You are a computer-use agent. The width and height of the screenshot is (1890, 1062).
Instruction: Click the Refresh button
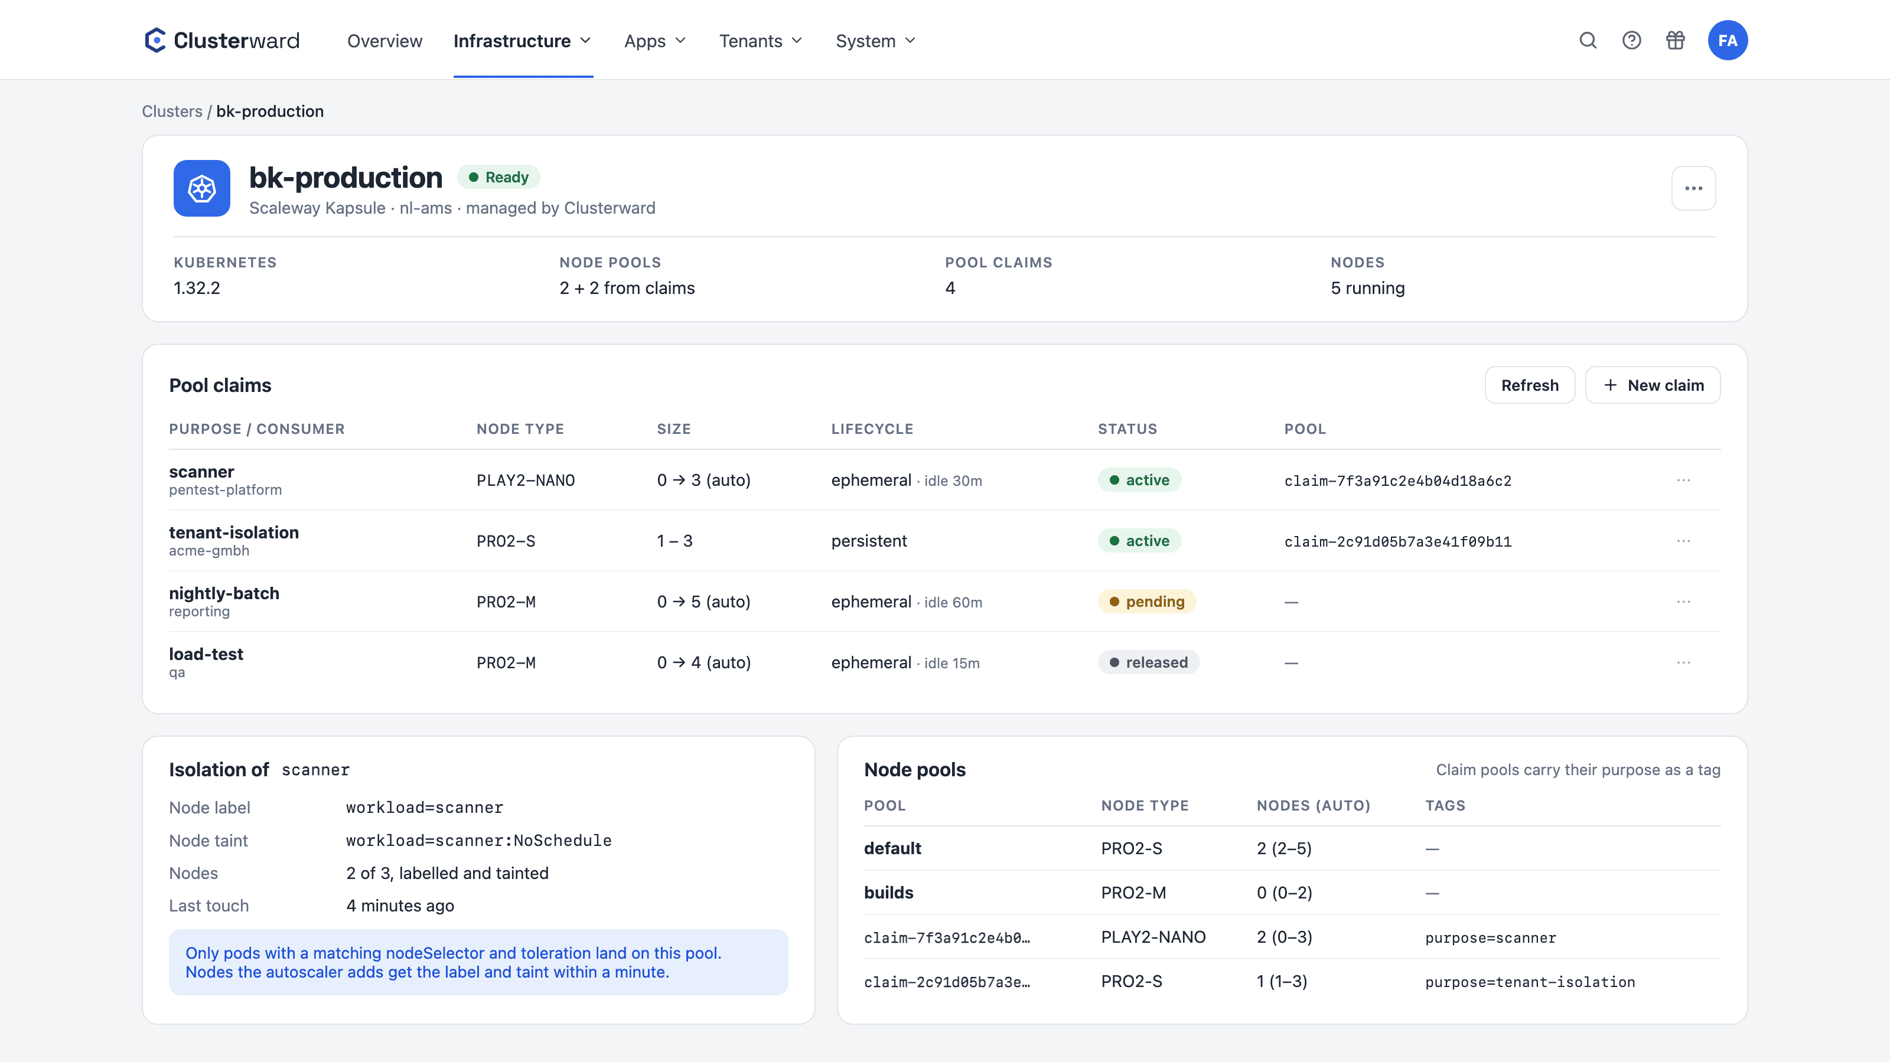1530,385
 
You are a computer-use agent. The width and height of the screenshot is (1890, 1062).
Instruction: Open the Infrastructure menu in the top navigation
522,41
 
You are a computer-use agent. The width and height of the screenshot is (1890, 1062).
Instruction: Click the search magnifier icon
1588,40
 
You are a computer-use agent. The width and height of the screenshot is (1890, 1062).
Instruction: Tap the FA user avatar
1727,40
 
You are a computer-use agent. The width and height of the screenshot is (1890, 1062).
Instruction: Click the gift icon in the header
1675,40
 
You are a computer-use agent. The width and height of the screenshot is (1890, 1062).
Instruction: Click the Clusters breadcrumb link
172,112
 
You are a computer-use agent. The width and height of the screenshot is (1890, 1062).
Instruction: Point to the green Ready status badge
499,177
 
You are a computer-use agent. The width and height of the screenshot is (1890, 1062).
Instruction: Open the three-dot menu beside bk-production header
1693,188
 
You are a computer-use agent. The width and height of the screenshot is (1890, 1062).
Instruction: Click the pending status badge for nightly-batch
1147,602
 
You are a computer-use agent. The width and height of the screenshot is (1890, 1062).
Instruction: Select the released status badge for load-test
1148,662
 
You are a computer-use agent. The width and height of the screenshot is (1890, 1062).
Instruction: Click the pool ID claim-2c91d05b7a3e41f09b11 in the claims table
1397,541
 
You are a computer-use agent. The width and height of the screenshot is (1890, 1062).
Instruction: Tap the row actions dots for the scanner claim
1683,481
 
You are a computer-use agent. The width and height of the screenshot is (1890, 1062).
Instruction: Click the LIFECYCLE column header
872,429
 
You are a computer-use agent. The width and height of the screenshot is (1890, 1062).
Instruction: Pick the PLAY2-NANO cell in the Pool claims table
525,481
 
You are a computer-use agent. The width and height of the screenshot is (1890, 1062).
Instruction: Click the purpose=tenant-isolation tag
1530,982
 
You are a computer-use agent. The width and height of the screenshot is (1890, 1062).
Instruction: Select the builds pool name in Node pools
888,893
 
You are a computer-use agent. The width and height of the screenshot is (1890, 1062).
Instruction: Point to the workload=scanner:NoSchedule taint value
478,841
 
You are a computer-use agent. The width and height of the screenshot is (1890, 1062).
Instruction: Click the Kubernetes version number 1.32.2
197,288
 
